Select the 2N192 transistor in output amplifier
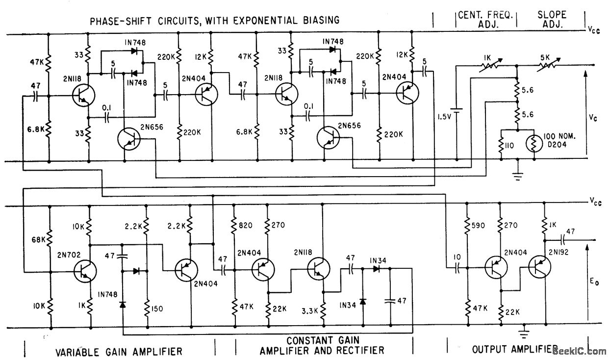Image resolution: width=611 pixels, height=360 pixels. [538, 268]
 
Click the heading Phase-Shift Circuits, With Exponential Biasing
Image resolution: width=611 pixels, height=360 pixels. [214, 21]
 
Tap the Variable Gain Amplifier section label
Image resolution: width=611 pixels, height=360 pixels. [119, 351]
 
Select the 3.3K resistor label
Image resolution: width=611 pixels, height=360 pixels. [308, 310]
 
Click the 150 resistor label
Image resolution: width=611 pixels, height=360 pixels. [158, 310]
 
